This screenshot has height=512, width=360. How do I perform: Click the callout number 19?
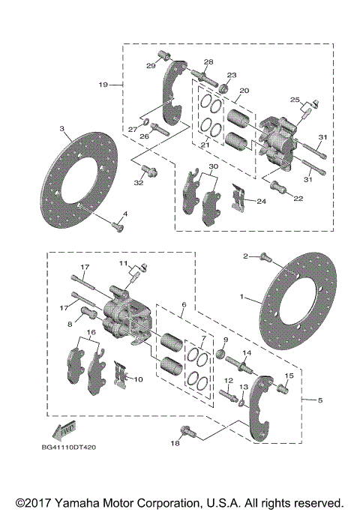103,85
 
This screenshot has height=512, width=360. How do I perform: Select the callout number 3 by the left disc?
62,129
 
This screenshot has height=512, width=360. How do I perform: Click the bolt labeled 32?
150,172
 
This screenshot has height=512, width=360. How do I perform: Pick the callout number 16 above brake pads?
91,331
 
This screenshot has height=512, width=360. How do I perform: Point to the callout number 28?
208,61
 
